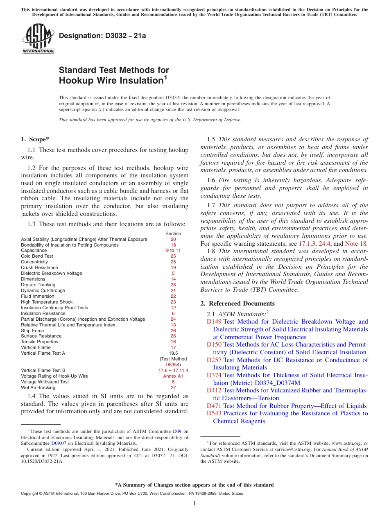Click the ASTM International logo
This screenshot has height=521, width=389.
pos(38,39)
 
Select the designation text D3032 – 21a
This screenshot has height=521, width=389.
pos(102,36)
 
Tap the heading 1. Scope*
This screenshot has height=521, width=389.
pos(36,139)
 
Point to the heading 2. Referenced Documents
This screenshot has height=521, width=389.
pos(237,304)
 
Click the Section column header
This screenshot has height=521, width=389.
pos(173,233)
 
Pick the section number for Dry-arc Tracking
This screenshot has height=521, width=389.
pos(173,285)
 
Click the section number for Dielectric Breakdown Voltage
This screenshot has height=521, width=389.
pos(173,273)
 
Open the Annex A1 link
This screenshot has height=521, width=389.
pos(173,376)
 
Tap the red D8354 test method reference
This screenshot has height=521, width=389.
pos(173,365)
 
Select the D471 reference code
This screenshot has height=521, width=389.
pos(214,406)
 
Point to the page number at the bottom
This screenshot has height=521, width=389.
pos(194,503)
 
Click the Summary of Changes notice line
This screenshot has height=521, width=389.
pos(194,485)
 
